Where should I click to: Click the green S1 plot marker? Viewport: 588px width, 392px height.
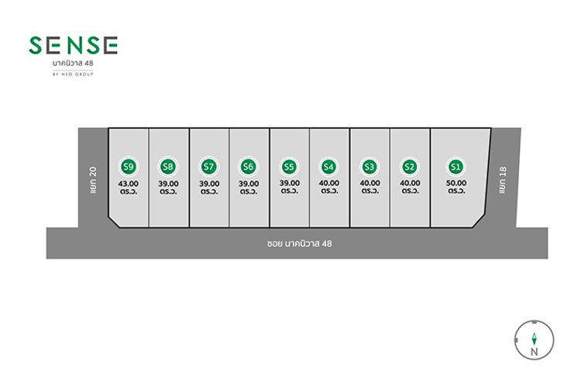pos(456,167)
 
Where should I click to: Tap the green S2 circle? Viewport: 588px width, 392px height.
pos(409,167)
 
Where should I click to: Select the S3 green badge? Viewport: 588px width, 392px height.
pos(369,167)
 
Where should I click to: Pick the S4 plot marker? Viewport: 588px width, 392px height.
pos(328,167)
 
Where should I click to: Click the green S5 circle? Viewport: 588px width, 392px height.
pos(289,167)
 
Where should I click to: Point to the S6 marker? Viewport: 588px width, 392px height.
pos(248,167)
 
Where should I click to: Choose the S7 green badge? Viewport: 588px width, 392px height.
pos(208,167)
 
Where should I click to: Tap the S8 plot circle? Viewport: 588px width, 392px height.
pos(167,167)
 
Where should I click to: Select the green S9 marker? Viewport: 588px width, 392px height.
pos(129,167)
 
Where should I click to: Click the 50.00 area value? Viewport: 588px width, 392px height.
pos(456,183)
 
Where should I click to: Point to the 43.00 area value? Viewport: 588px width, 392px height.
pos(129,184)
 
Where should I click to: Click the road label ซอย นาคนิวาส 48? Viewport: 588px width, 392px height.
pos(299,243)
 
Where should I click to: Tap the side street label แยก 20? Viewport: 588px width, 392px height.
pos(93,180)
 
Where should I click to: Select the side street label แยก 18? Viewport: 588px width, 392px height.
pos(503,180)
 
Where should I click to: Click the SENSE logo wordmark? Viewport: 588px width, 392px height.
pos(73,46)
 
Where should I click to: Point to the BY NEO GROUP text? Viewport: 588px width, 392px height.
pos(73,74)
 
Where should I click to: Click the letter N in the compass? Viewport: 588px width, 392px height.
pos(534,352)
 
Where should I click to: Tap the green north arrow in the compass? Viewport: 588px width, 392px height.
pos(534,339)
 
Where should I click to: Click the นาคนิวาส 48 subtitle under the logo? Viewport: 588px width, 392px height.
pos(73,63)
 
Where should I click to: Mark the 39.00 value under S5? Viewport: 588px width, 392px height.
pos(290,183)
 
